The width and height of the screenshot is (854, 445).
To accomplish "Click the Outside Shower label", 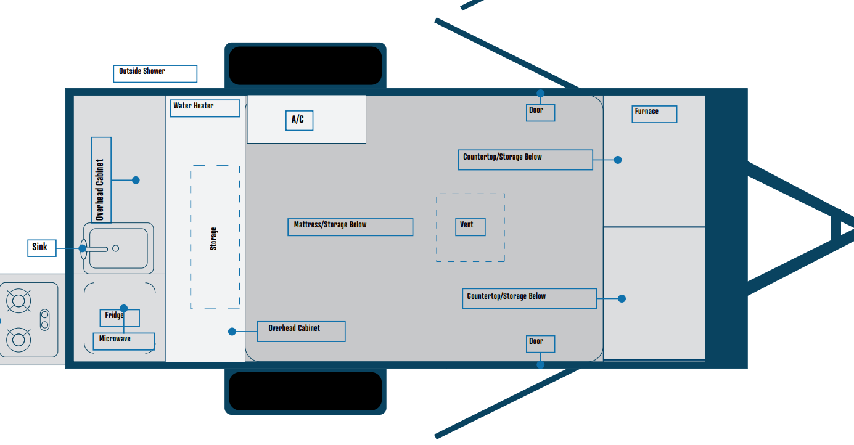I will click(155, 73).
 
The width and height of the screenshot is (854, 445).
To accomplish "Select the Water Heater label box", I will click(205, 108).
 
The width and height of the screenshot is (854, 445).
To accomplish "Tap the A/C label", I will click(299, 120).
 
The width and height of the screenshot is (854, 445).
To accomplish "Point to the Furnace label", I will click(654, 114).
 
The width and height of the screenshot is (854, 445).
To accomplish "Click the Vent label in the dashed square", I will click(470, 227).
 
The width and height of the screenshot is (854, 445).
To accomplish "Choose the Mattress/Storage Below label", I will click(350, 227).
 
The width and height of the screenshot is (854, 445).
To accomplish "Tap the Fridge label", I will click(119, 317).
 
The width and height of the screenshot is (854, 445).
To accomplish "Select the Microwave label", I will click(123, 341).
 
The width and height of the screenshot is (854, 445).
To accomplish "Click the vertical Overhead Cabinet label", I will click(101, 179).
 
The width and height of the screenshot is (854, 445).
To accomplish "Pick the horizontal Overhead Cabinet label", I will click(301, 331).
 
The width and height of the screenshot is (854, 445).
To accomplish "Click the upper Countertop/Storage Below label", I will click(525, 160).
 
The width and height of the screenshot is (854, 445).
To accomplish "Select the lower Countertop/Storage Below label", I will click(529, 298).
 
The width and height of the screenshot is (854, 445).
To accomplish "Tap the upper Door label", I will click(540, 113).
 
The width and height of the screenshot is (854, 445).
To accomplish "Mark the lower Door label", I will click(540, 344).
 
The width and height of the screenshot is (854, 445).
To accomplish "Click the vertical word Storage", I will click(214, 239).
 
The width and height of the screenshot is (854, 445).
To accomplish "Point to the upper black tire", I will click(305, 65).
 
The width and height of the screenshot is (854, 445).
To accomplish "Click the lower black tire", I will click(305, 391).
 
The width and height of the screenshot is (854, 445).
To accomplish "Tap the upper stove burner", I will click(18, 301).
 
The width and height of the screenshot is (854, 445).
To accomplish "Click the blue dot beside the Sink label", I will click(83, 249).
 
